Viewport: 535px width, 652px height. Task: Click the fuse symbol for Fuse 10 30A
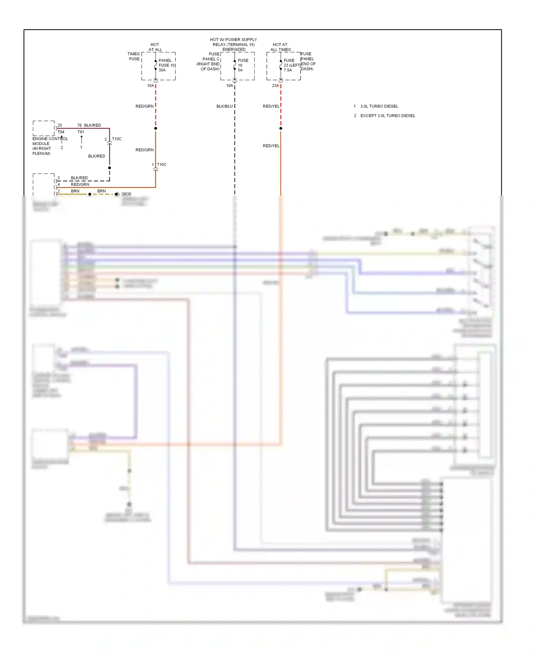156,65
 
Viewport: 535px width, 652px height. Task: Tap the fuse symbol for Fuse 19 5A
235,65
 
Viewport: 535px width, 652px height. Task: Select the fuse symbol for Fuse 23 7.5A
281,65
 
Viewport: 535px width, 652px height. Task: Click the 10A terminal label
151,86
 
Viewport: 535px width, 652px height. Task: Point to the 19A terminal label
229,86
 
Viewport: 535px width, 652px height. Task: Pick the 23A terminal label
275,86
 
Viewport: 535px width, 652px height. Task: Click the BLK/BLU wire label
224,106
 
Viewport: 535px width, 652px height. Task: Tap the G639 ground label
126,194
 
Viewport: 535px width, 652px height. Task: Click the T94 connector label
61,132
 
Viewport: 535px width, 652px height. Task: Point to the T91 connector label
81,132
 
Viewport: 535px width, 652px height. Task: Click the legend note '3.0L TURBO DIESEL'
379,106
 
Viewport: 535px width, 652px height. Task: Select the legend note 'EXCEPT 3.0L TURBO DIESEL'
388,116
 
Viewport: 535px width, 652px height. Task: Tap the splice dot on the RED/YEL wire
281,128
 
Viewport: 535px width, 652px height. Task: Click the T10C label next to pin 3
117,139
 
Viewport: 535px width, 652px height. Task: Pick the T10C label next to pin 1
162,164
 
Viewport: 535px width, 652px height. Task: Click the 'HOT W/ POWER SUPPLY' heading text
233,40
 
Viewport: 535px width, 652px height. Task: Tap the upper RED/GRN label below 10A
144,106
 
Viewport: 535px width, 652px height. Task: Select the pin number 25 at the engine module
60,125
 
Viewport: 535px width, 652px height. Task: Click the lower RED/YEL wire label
271,146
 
